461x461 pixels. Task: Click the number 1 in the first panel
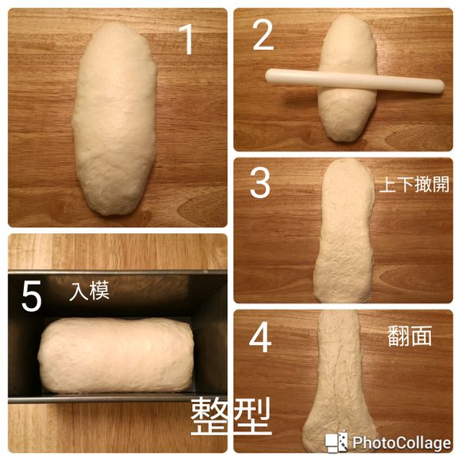point(186,39)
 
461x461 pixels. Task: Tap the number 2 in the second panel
point(263,35)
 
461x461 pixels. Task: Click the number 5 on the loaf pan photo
point(31,297)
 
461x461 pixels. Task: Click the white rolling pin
point(354,80)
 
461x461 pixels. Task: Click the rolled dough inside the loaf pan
point(115,354)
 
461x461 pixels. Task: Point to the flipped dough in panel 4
point(342,384)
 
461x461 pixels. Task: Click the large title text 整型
point(230,416)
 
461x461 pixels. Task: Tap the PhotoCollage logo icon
point(337,442)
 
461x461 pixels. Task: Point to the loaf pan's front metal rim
point(115,397)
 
